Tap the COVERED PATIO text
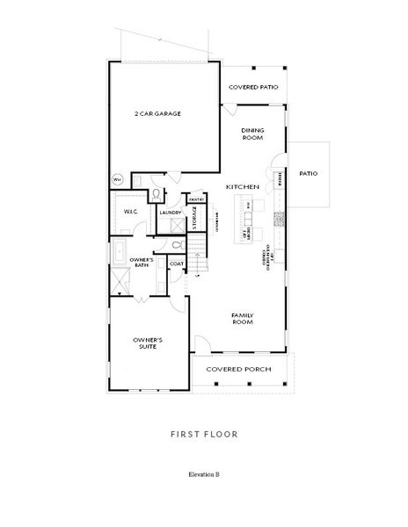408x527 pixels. [x=253, y=88]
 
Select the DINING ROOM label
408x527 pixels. [x=253, y=133]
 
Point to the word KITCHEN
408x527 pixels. [x=241, y=188]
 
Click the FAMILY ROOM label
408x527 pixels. [x=243, y=318]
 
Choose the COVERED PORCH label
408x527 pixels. [x=238, y=370]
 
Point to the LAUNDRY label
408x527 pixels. [x=170, y=213]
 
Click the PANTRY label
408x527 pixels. [x=196, y=199]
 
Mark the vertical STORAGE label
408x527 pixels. [x=195, y=218]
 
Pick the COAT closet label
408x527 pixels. [x=176, y=263]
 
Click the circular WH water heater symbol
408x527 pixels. [x=116, y=180]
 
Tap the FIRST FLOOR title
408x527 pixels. [x=204, y=434]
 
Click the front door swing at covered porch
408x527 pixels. [x=204, y=344]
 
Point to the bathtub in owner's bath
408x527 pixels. [x=117, y=256]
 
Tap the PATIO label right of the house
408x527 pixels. [x=308, y=173]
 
